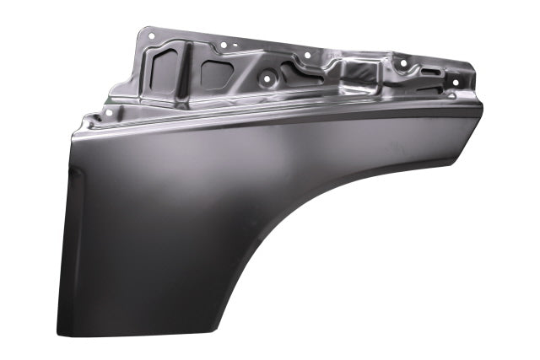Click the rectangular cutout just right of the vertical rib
click(215, 73)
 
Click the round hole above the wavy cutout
click(305, 56)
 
